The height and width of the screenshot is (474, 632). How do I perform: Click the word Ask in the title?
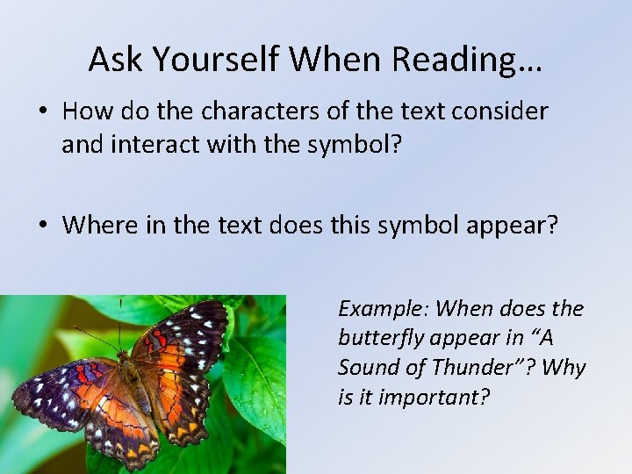pos(118,59)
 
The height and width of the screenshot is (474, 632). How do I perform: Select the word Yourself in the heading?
pos(216,59)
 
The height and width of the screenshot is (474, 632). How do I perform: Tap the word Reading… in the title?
pos(466,59)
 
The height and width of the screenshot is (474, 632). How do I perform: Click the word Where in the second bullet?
pos(97,225)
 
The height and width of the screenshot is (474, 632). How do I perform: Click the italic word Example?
pos(383,309)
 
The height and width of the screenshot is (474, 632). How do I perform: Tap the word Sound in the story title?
pos(367,367)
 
